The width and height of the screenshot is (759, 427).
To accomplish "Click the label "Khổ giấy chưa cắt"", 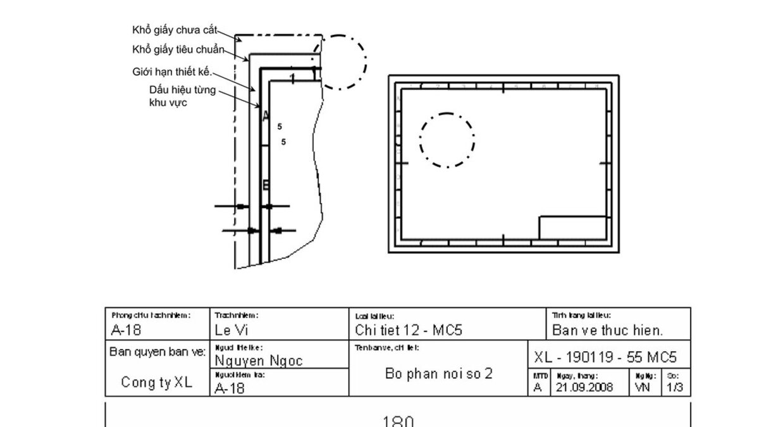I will [x=175, y=29].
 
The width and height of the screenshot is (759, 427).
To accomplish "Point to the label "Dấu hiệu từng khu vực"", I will [x=182, y=96].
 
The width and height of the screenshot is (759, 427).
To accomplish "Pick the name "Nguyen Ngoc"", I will [x=259, y=361].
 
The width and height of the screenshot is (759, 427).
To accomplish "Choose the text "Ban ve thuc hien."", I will [x=607, y=330].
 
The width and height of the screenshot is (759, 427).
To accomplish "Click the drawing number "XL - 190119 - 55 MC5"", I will [x=605, y=357].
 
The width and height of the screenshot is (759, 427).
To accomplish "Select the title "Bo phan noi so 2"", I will [x=438, y=373].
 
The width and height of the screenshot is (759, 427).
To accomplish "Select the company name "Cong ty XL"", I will [x=156, y=382].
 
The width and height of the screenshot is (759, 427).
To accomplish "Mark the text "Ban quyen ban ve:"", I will [x=157, y=351].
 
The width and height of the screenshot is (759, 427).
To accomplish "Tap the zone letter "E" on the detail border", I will [x=266, y=185].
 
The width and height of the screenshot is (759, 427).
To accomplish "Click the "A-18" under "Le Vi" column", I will [x=229, y=388].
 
